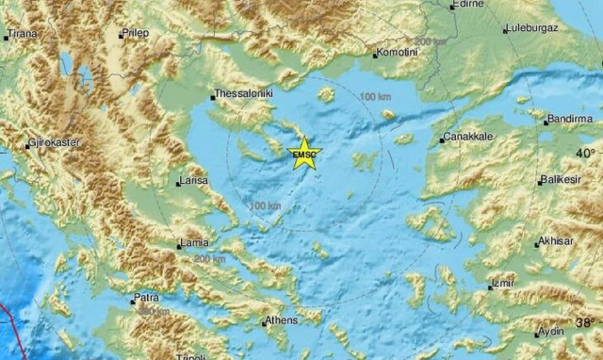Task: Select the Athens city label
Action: pos(281,320)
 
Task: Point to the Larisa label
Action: pos(193,181)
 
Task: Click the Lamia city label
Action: pos(193,244)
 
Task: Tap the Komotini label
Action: pos(397,53)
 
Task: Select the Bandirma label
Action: pos(571,119)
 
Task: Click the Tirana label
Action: pos(22,34)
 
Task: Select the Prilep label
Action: pos(139,34)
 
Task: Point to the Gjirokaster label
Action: pos(54,142)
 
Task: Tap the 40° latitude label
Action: pos(585,152)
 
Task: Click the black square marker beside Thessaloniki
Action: pos(211,95)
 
